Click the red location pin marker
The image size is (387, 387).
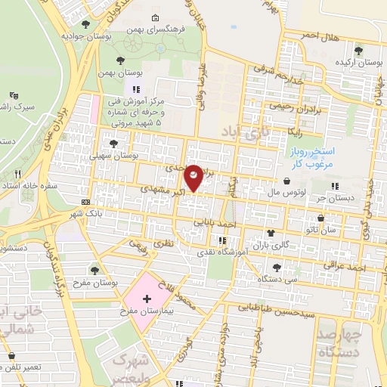[x=193, y=177]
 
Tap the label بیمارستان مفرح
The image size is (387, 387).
[x=148, y=311]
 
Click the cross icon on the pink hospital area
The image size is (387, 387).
[x=147, y=299]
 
